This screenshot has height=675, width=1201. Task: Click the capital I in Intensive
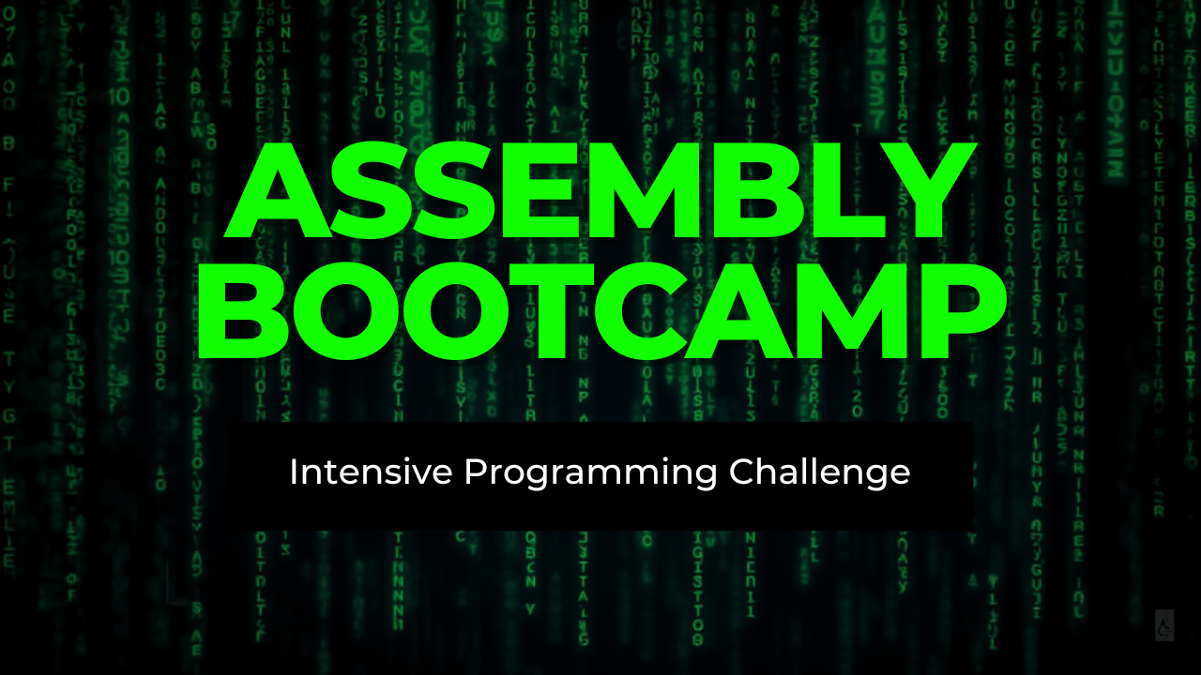tap(294, 472)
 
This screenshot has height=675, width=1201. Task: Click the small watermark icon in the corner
tap(1164, 624)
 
